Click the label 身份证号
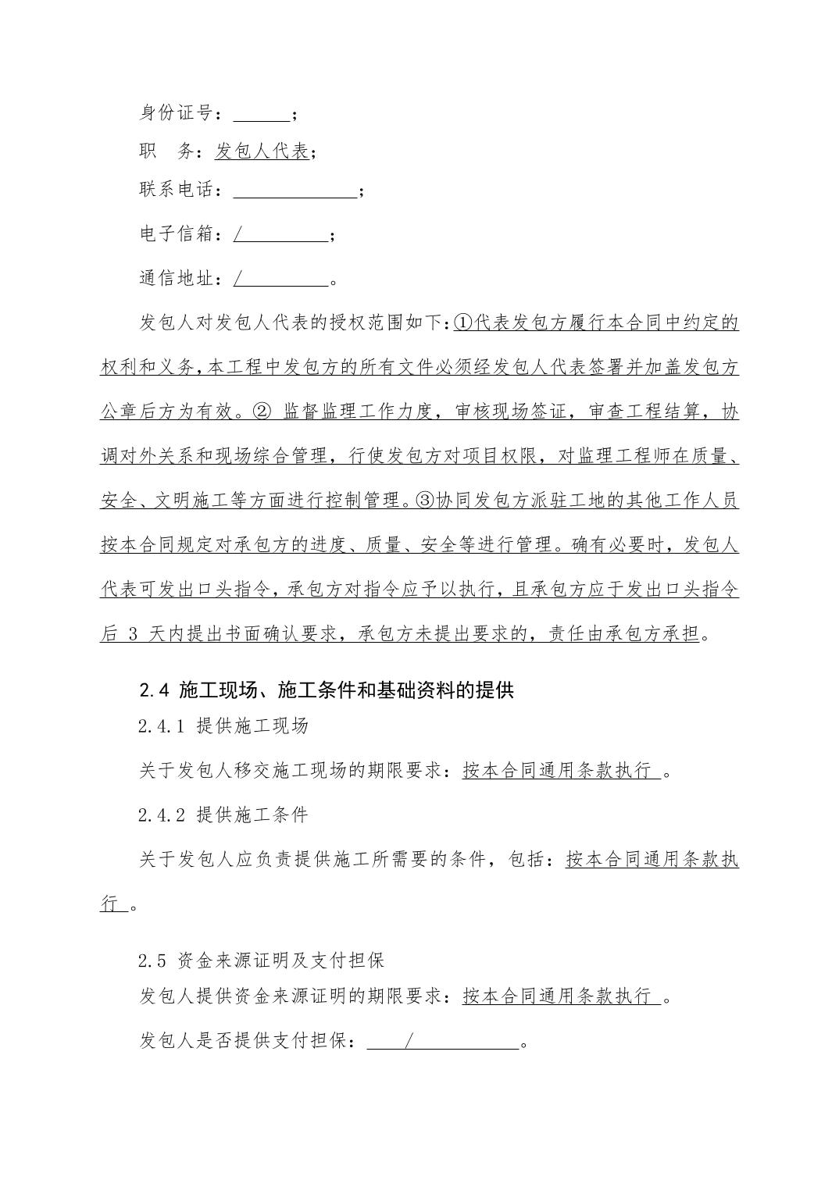(176, 113)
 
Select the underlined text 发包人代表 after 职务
(262, 151)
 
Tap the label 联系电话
(176, 190)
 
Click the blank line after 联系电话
(295, 191)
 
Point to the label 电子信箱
(176, 234)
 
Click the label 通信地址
(176, 279)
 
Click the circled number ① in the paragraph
(463, 323)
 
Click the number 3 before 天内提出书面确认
(131, 634)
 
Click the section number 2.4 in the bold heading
(154, 690)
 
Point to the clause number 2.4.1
(162, 726)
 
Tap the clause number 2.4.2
(162, 815)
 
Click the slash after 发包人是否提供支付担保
(409, 1041)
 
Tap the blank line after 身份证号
(261, 115)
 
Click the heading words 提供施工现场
(252, 726)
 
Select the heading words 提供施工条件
(252, 815)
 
